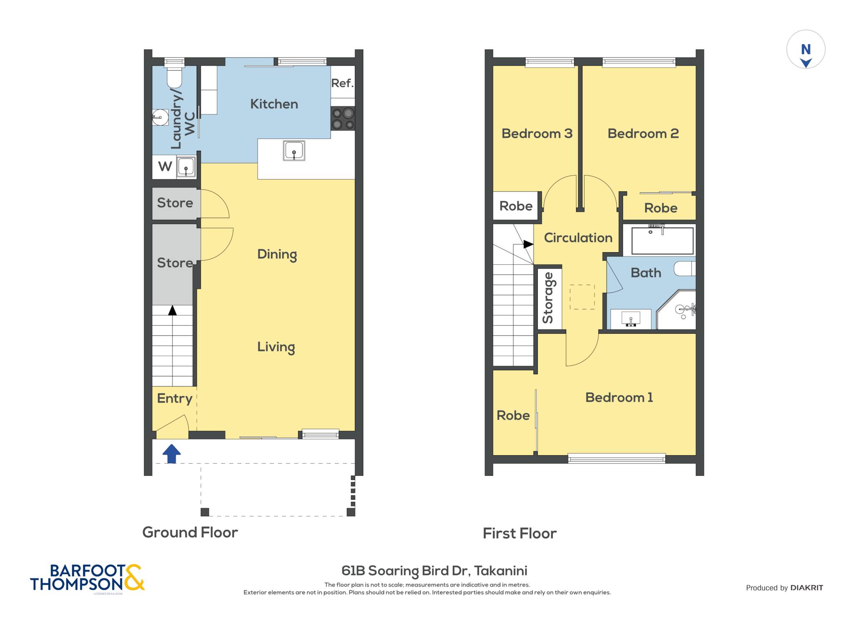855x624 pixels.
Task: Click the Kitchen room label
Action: click(x=274, y=104)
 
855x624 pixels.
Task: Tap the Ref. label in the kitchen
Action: click(x=342, y=83)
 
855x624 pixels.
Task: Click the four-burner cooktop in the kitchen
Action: click(x=343, y=119)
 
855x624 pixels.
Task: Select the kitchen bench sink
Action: click(x=294, y=150)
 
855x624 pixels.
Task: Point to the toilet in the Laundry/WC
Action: click(x=174, y=73)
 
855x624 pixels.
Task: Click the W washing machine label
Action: click(x=165, y=166)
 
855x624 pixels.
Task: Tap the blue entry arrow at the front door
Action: click(x=171, y=454)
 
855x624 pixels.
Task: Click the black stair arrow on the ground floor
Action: click(x=172, y=310)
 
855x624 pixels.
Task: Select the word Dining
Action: click(x=277, y=255)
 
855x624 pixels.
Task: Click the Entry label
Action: click(x=175, y=398)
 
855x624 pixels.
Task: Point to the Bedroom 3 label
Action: click(x=537, y=134)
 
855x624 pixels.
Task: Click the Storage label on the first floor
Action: click(x=548, y=298)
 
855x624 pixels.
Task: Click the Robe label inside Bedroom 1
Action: click(x=513, y=416)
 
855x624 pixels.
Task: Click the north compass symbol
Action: click(x=806, y=49)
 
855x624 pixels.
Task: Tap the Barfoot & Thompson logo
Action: click(x=87, y=578)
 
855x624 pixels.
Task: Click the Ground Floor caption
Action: click(x=190, y=533)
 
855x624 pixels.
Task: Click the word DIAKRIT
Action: click(x=807, y=588)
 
